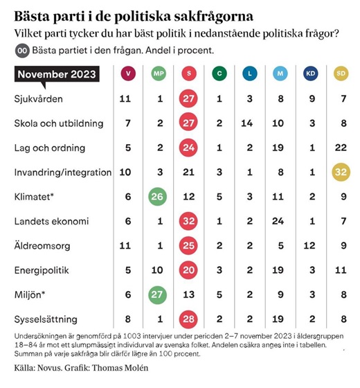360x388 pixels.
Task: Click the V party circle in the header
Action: pyautogui.click(x=128, y=73)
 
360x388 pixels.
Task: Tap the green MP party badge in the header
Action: pyautogui.click(x=159, y=73)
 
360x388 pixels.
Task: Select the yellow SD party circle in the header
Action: pyautogui.click(x=341, y=73)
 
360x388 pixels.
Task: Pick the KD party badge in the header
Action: pyautogui.click(x=311, y=73)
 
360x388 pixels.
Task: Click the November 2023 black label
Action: pyautogui.click(x=57, y=74)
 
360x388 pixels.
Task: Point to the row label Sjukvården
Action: pyautogui.click(x=38, y=99)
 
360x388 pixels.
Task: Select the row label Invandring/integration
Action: pyautogui.click(x=63, y=173)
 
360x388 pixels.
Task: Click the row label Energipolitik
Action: pyautogui.click(x=42, y=270)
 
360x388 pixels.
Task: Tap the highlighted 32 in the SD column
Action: pyautogui.click(x=341, y=172)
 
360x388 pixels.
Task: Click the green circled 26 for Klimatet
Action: pyautogui.click(x=157, y=197)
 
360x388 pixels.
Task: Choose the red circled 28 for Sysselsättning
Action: pyautogui.click(x=188, y=319)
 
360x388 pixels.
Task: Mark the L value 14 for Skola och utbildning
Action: pyautogui.click(x=247, y=123)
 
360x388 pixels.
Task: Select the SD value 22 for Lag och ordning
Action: pyautogui.click(x=341, y=148)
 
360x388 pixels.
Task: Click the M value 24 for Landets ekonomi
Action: pyautogui.click(x=278, y=221)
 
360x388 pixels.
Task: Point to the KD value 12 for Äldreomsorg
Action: pyautogui.click(x=309, y=245)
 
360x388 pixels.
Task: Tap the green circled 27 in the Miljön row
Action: pyautogui.click(x=157, y=294)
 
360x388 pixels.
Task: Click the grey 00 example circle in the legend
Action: pyautogui.click(x=22, y=51)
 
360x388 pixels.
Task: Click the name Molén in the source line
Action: pyautogui.click(x=136, y=368)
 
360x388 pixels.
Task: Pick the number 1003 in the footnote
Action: pyautogui.click(x=132, y=336)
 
